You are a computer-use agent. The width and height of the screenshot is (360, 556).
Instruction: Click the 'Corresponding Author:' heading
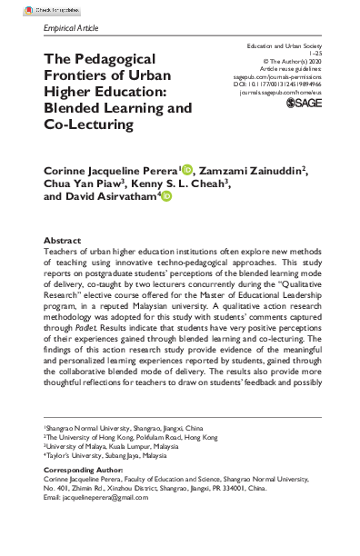88,498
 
